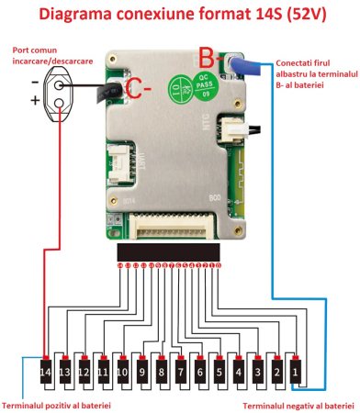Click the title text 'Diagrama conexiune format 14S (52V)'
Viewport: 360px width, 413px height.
tap(181, 16)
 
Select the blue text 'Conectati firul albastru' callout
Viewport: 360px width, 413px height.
tap(310, 72)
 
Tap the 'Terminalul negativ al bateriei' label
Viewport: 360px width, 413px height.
tap(298, 404)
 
